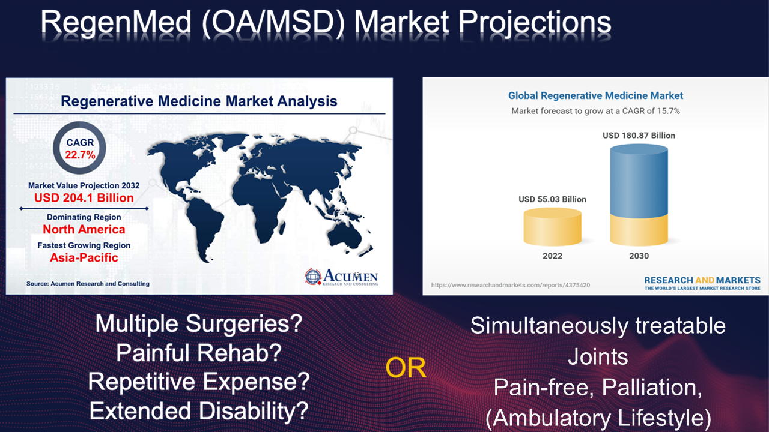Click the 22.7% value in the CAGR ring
(x=81, y=155)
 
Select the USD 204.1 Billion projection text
(x=84, y=198)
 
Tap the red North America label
(x=84, y=229)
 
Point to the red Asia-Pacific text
(x=84, y=257)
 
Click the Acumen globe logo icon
(x=313, y=277)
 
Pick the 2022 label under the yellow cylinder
(x=552, y=256)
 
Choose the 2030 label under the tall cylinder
(x=639, y=256)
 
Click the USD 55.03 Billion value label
(x=552, y=199)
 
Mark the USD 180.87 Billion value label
(x=639, y=136)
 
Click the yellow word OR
(x=406, y=368)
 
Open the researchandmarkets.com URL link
(x=511, y=285)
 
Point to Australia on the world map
(x=345, y=236)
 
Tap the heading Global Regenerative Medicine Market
(x=595, y=95)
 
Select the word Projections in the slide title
(x=535, y=22)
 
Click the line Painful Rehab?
(x=199, y=353)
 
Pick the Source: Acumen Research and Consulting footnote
(x=88, y=284)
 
